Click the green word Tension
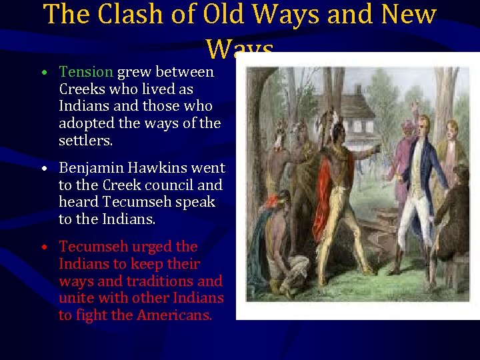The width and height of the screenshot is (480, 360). pos(86,71)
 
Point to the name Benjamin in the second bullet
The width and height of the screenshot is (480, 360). pos(89,167)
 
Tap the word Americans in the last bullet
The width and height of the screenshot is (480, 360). pos(174,315)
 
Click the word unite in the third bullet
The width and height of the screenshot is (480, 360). pos(75,298)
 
